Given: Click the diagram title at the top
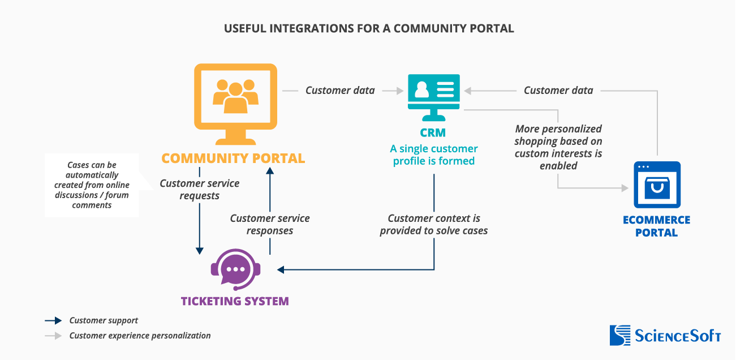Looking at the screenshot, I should tap(369, 28).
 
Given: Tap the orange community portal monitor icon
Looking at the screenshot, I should tap(235, 104).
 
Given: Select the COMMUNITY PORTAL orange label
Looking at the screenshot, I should tap(233, 158).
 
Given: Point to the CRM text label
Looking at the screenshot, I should tap(433, 133).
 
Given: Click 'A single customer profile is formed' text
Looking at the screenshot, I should tap(434, 155).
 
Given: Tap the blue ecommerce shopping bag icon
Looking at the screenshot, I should tap(656, 185).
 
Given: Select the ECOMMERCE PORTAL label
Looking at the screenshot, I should tap(656, 226).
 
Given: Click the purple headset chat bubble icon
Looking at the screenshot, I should tap(235, 270).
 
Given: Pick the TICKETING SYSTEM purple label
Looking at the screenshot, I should tap(235, 301).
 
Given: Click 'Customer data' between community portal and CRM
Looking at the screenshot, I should tap(340, 90).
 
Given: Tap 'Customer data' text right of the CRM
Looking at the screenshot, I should tap(558, 90).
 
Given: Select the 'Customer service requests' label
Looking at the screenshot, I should tap(199, 190).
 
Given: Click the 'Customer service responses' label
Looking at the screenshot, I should tap(270, 224).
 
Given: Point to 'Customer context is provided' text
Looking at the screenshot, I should tap(434, 224).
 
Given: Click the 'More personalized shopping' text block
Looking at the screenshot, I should tap(558, 147).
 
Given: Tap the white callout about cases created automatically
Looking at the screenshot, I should tap(92, 185).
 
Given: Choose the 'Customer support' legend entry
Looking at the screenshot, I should tap(104, 320).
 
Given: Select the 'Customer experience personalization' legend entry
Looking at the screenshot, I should tap(140, 336).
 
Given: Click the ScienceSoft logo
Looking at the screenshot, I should tap(665, 335).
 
